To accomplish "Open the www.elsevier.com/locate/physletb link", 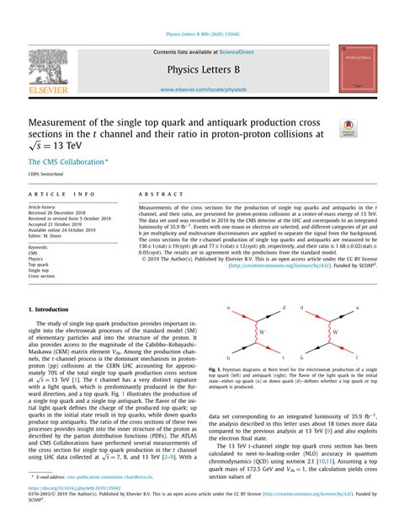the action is point(199,89).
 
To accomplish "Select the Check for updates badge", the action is point(348,128).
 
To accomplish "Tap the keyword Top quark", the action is point(39,264).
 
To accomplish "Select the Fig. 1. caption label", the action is point(218,368).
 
